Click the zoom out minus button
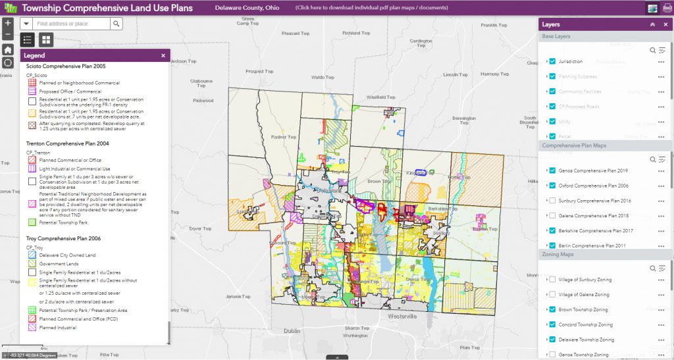(7, 34)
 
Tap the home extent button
(7, 49)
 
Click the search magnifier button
(116, 24)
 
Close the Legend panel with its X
(163, 56)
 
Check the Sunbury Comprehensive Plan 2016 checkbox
(552, 200)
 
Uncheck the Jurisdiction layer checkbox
(552, 61)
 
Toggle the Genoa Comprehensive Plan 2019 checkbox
(552, 170)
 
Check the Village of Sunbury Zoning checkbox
(552, 280)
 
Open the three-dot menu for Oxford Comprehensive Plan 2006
(661, 186)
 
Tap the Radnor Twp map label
(284, 137)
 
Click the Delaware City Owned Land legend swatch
(31, 255)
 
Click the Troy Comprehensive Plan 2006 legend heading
(63, 238)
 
